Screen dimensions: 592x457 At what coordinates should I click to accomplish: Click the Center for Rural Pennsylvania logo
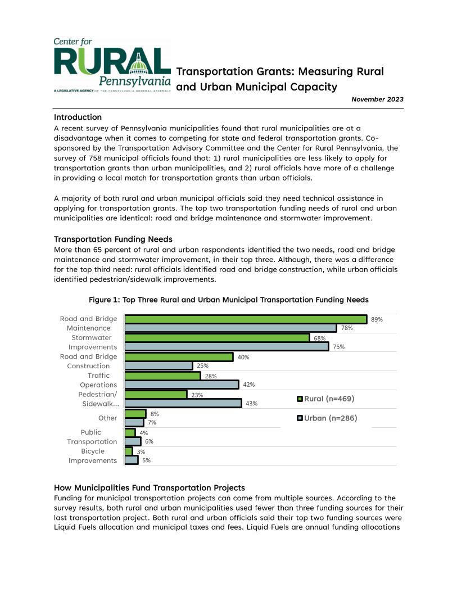pyautogui.click(x=112, y=66)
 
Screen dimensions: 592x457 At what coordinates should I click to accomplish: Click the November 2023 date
pyautogui.click(x=377, y=100)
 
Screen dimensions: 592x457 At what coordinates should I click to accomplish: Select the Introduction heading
pyautogui.click(x=78, y=117)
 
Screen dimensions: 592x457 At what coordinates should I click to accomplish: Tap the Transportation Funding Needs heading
pyautogui.click(x=113, y=238)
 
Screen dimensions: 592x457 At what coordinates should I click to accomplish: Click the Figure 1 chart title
pyautogui.click(x=228, y=300)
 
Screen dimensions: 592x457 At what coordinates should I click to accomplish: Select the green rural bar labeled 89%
pyautogui.click(x=246, y=319)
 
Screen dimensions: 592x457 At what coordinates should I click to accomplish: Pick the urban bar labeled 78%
pyautogui.click(x=230, y=328)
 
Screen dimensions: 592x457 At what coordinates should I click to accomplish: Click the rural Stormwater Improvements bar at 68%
pyautogui.click(x=217, y=338)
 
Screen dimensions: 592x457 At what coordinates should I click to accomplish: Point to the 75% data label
pyautogui.click(x=338, y=347)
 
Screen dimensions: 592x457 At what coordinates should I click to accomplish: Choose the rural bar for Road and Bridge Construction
pyautogui.click(x=179, y=357)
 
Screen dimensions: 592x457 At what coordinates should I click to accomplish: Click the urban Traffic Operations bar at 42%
pyautogui.click(x=182, y=385)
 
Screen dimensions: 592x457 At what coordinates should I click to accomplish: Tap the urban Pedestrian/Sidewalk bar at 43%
pyautogui.click(x=183, y=403)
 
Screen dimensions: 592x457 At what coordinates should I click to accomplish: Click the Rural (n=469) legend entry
pyautogui.click(x=325, y=399)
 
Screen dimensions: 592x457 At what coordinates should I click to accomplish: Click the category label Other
pyautogui.click(x=107, y=418)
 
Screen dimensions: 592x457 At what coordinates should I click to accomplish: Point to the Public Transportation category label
pyautogui.click(x=92, y=437)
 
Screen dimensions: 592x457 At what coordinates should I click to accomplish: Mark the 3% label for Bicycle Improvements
pyautogui.click(x=141, y=451)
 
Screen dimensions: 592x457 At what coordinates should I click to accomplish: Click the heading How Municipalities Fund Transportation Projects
pyautogui.click(x=149, y=487)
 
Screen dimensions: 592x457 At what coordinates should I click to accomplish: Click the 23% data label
pyautogui.click(x=197, y=395)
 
